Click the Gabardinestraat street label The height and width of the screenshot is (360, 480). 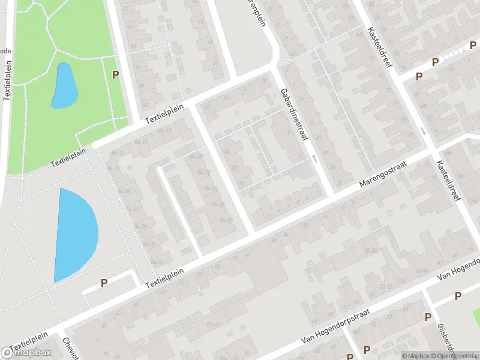(x=293, y=115)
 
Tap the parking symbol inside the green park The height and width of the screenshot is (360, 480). (x=115, y=74)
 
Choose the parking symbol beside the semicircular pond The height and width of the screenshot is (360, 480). (x=104, y=283)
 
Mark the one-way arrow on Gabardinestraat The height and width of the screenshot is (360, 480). (x=314, y=158)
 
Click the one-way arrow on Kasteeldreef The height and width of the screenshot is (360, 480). (x=424, y=131)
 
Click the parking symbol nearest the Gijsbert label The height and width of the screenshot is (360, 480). (x=428, y=317)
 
